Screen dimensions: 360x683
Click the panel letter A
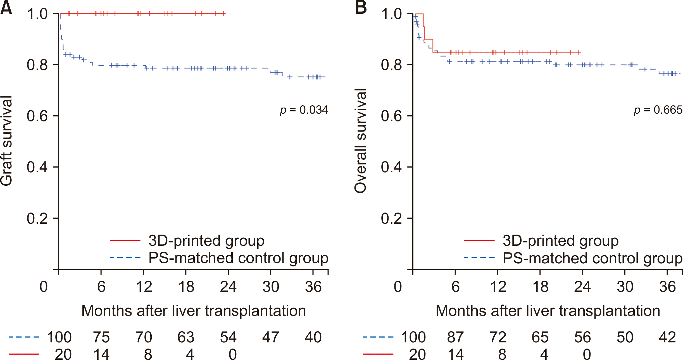[x=6, y=8]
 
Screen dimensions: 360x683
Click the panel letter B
[x=361, y=8]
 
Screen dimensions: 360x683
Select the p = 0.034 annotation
[x=304, y=110]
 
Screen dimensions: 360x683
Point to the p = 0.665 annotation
[x=658, y=110]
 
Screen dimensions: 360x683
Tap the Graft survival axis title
[x=6, y=140]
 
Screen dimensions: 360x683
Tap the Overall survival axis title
[x=360, y=140]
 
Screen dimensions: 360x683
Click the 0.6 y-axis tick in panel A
[x=37, y=116]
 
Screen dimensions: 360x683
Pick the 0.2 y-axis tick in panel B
[x=391, y=218]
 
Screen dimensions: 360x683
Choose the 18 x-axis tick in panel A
[x=186, y=287]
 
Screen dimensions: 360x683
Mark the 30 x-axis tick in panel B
[x=625, y=287]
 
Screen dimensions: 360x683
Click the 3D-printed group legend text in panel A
[x=206, y=240]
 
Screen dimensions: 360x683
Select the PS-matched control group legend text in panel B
[x=592, y=258]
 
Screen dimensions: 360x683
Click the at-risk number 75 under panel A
[x=101, y=337]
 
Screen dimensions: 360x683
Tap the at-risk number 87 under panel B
[x=456, y=337]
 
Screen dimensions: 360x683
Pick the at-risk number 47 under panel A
[x=270, y=337]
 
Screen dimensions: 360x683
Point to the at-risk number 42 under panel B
[x=667, y=337]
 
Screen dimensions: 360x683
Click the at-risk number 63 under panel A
[x=186, y=337]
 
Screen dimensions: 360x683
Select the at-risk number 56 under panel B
[x=582, y=337]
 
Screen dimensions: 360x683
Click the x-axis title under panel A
[x=194, y=311]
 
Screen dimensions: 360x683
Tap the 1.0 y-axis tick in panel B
[x=391, y=14]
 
